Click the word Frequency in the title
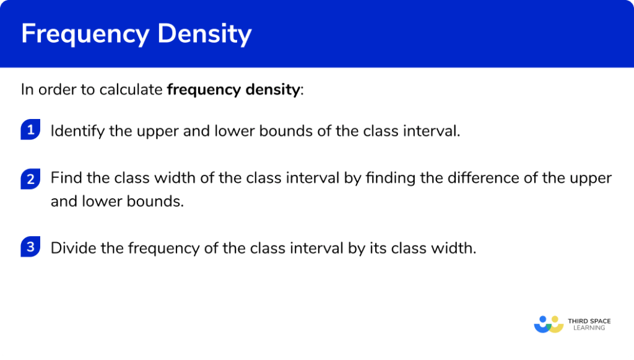point(84,35)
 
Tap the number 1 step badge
point(30,130)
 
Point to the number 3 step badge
point(30,248)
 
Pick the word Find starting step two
point(64,178)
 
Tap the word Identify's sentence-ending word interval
point(437,131)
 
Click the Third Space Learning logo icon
point(549,324)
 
